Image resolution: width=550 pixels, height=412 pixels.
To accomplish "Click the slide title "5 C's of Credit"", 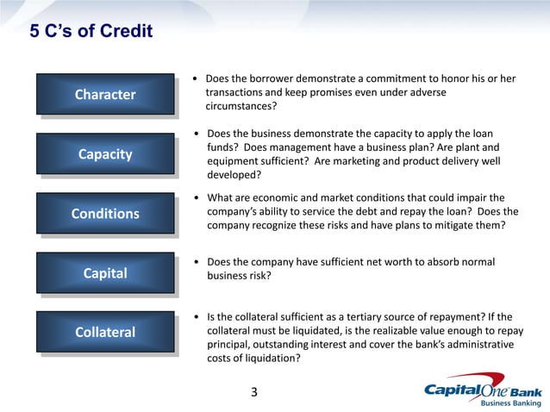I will (91, 33).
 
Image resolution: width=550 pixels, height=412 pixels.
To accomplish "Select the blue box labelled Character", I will (105, 95).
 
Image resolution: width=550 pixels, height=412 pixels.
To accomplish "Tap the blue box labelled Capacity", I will (105, 154).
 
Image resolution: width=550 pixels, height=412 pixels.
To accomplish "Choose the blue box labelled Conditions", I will (105, 214).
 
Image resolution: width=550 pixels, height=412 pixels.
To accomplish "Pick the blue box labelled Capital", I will (105, 273).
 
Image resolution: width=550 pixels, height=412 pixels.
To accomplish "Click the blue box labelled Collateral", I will (105, 332).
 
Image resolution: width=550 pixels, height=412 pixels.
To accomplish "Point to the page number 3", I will (253, 394).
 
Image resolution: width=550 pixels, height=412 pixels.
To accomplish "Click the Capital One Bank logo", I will (483, 390).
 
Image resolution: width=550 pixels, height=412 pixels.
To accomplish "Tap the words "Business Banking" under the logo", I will (511, 403).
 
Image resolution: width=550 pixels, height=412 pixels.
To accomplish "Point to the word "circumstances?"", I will (241, 107).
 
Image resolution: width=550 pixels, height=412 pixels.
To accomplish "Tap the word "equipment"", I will (233, 161).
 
